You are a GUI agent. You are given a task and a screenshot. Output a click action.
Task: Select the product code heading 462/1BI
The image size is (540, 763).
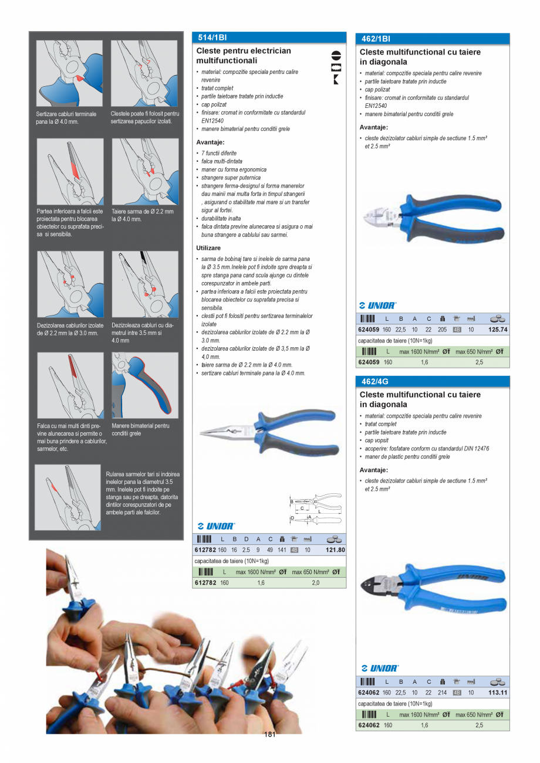coord(376,39)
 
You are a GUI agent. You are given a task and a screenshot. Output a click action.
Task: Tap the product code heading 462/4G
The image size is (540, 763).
coord(374,381)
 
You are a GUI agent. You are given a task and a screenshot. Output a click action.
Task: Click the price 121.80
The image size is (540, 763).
coord(335,550)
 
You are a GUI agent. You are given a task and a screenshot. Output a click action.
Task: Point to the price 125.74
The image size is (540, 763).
coord(498,330)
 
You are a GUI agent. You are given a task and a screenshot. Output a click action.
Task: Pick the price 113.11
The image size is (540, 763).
coord(498,693)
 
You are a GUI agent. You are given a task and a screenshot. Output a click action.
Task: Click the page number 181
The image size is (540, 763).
coord(269,734)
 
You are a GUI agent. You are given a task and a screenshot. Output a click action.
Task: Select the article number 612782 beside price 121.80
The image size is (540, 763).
coord(205,550)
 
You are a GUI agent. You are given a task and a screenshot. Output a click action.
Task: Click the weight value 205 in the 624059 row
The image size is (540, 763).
coord(442,330)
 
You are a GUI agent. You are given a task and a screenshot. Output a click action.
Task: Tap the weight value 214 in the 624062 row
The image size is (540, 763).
coord(442,693)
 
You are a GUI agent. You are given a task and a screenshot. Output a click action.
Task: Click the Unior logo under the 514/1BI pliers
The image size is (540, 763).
coord(217,526)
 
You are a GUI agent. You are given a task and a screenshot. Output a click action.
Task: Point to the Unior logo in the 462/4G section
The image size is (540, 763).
coord(380,669)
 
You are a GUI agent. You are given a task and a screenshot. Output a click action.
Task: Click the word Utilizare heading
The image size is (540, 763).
coord(208,248)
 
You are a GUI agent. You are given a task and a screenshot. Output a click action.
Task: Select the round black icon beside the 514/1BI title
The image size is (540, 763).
coord(336,55)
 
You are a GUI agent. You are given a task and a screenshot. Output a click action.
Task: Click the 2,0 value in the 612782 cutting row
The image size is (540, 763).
coord(316,583)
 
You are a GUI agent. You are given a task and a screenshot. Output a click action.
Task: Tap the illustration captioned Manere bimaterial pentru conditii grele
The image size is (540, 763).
coord(145,385)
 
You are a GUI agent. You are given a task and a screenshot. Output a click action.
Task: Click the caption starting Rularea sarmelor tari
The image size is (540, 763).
coord(143,493)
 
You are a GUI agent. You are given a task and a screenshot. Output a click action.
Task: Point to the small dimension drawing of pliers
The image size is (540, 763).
coord(315,509)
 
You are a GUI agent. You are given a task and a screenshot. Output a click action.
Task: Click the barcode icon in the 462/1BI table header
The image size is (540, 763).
coord(367,319)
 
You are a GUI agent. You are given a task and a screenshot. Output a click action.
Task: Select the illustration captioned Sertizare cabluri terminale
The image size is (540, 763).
coord(69,73)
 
